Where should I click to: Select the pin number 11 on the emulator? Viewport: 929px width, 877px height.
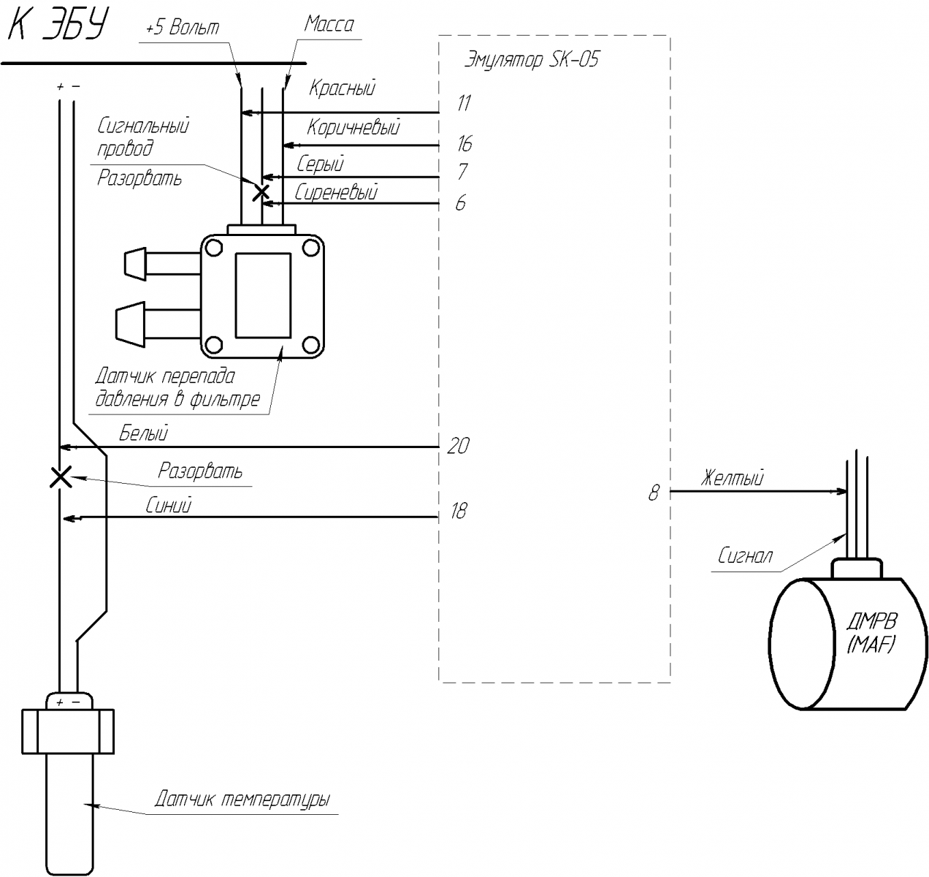(464, 103)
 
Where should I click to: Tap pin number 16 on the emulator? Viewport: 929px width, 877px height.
(464, 143)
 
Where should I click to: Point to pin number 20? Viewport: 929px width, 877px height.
(458, 445)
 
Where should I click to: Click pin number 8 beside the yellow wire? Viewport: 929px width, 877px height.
(654, 493)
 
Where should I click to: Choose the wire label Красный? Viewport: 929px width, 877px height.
(342, 88)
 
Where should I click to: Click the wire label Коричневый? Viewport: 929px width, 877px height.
(353, 128)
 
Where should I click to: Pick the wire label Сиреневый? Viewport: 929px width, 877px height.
(336, 193)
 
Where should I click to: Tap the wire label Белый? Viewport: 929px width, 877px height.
(144, 433)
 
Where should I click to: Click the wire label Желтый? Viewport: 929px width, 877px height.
(732, 479)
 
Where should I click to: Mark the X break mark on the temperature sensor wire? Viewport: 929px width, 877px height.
(60, 477)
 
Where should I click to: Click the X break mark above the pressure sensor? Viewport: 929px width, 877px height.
(261, 192)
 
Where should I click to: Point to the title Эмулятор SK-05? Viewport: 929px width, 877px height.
(531, 60)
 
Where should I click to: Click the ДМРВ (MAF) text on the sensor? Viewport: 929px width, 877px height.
(871, 634)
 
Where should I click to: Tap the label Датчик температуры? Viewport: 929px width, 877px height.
(242, 799)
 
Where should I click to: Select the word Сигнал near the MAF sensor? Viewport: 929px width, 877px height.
(744, 556)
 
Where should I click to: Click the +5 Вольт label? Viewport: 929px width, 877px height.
(182, 29)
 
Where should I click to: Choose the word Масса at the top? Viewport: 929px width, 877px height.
(329, 24)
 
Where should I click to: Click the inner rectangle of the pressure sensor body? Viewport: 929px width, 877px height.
(263, 295)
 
